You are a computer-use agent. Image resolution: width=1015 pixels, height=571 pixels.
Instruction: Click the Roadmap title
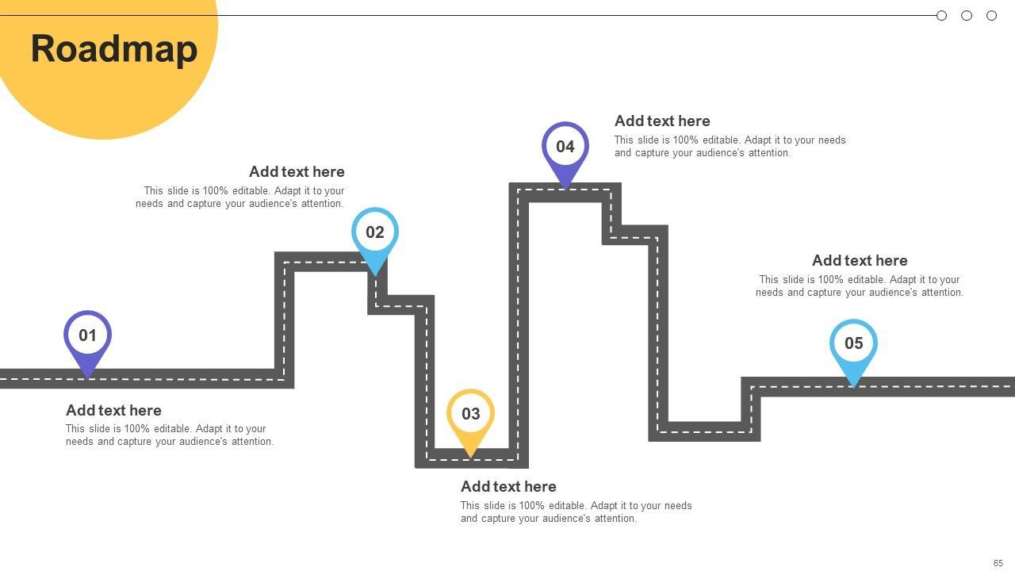pyautogui.click(x=114, y=49)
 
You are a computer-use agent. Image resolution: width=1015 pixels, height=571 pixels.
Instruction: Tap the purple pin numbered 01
pyautogui.click(x=87, y=336)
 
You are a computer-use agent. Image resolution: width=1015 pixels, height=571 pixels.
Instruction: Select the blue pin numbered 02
pyautogui.click(x=374, y=233)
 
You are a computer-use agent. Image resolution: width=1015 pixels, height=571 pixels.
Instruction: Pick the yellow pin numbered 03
pyautogui.click(x=470, y=414)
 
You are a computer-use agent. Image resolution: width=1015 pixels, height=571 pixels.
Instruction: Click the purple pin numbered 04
pyautogui.click(x=565, y=148)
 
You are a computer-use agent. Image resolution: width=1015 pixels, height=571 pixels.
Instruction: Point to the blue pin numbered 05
pyautogui.click(x=853, y=344)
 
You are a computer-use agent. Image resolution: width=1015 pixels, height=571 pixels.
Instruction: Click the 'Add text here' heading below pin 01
pyautogui.click(x=113, y=411)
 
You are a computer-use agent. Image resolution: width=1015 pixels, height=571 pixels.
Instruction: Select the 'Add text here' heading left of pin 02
pyautogui.click(x=297, y=172)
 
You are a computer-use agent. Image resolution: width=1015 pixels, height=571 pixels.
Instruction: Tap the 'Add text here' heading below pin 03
pyautogui.click(x=508, y=487)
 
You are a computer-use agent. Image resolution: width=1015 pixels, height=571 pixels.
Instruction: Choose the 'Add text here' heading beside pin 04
pyautogui.click(x=662, y=121)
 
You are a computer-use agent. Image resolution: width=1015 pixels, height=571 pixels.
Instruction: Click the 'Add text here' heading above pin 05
pyautogui.click(x=860, y=261)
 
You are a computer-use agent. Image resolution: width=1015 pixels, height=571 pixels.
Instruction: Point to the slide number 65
pyautogui.click(x=998, y=563)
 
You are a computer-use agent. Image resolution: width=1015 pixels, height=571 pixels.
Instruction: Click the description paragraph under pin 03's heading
pyautogui.click(x=576, y=512)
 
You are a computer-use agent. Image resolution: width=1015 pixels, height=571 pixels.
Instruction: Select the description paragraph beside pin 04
pyautogui.click(x=730, y=147)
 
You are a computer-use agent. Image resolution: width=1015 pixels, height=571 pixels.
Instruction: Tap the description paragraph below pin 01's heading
pyautogui.click(x=170, y=435)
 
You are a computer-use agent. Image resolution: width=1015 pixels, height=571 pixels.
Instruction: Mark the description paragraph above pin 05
pyautogui.click(x=860, y=286)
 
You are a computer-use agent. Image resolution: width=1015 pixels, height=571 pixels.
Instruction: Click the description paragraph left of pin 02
pyautogui.click(x=240, y=197)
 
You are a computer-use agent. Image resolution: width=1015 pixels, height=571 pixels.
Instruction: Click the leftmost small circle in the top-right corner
pyautogui.click(x=941, y=16)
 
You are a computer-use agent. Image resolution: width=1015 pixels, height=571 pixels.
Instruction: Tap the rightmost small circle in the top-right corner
pyautogui.click(x=991, y=16)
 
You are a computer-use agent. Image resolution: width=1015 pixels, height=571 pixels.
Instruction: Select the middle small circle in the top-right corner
pyautogui.click(x=967, y=16)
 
